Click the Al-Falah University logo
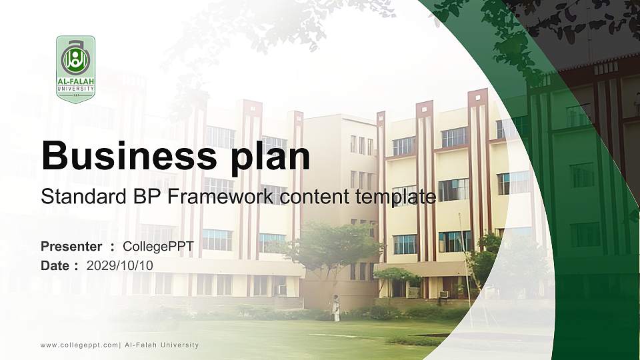pos(75,69)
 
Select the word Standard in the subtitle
pos(74,197)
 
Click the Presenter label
pos(71,247)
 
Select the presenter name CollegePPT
pos(159,247)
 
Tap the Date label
pos(55,265)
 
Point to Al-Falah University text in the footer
pos(162,345)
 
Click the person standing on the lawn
pos(337,308)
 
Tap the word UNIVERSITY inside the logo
pos(75,88)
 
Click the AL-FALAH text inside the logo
pos(75,82)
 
